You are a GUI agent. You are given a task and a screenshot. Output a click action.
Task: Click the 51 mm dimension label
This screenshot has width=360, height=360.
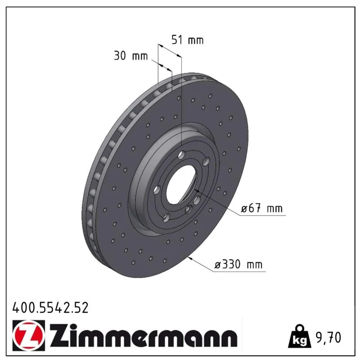pyautogui.click(x=188, y=40)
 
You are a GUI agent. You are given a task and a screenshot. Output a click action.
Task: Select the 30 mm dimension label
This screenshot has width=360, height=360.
pyautogui.click(x=130, y=56)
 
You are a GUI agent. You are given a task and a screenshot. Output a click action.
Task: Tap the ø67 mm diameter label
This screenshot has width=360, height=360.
pyautogui.click(x=261, y=209)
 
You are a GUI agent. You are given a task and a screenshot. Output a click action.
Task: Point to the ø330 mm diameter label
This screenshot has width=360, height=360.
pyautogui.click(x=238, y=265)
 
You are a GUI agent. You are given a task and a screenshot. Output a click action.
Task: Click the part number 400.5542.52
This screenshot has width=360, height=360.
pyautogui.click(x=50, y=307)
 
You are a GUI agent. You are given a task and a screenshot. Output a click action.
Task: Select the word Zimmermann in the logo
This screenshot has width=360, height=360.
pyautogui.click(x=144, y=336)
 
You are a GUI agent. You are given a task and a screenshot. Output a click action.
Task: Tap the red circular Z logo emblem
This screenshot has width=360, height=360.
pyautogui.click(x=29, y=336)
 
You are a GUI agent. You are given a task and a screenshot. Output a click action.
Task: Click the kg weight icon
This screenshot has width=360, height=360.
pyautogui.click(x=300, y=336)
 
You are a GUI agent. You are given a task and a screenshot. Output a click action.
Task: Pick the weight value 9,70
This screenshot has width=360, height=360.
pyautogui.click(x=328, y=337)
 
